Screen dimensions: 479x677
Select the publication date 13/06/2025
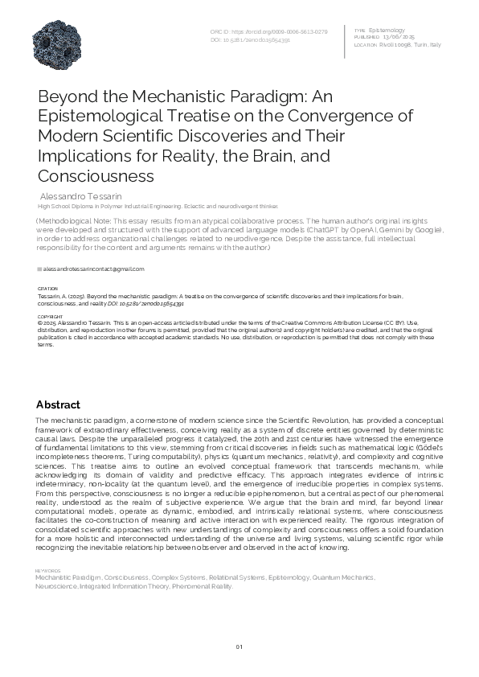pos(399,37)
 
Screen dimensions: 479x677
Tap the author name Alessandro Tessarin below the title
pos(80,195)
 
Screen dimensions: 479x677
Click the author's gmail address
pos(92,269)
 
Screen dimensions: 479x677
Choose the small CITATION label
pos(47,288)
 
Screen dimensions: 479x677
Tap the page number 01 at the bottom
pos(239,648)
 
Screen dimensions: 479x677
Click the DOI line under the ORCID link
pos(250,39)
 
